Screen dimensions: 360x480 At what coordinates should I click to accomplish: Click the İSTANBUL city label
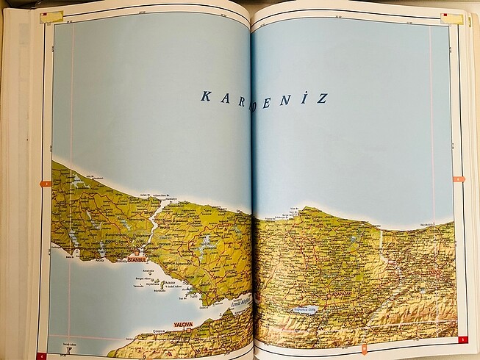[x=137, y=259]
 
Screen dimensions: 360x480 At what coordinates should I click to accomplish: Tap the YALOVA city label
[x=183, y=323]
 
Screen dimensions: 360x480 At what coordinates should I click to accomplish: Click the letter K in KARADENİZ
[x=205, y=96]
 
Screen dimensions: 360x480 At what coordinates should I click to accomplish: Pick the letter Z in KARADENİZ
[x=322, y=98]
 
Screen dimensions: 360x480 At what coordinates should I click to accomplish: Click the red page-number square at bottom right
[x=461, y=339]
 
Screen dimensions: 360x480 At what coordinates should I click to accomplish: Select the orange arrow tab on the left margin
[x=46, y=184]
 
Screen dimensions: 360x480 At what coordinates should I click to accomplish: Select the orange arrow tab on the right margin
[x=459, y=179]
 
